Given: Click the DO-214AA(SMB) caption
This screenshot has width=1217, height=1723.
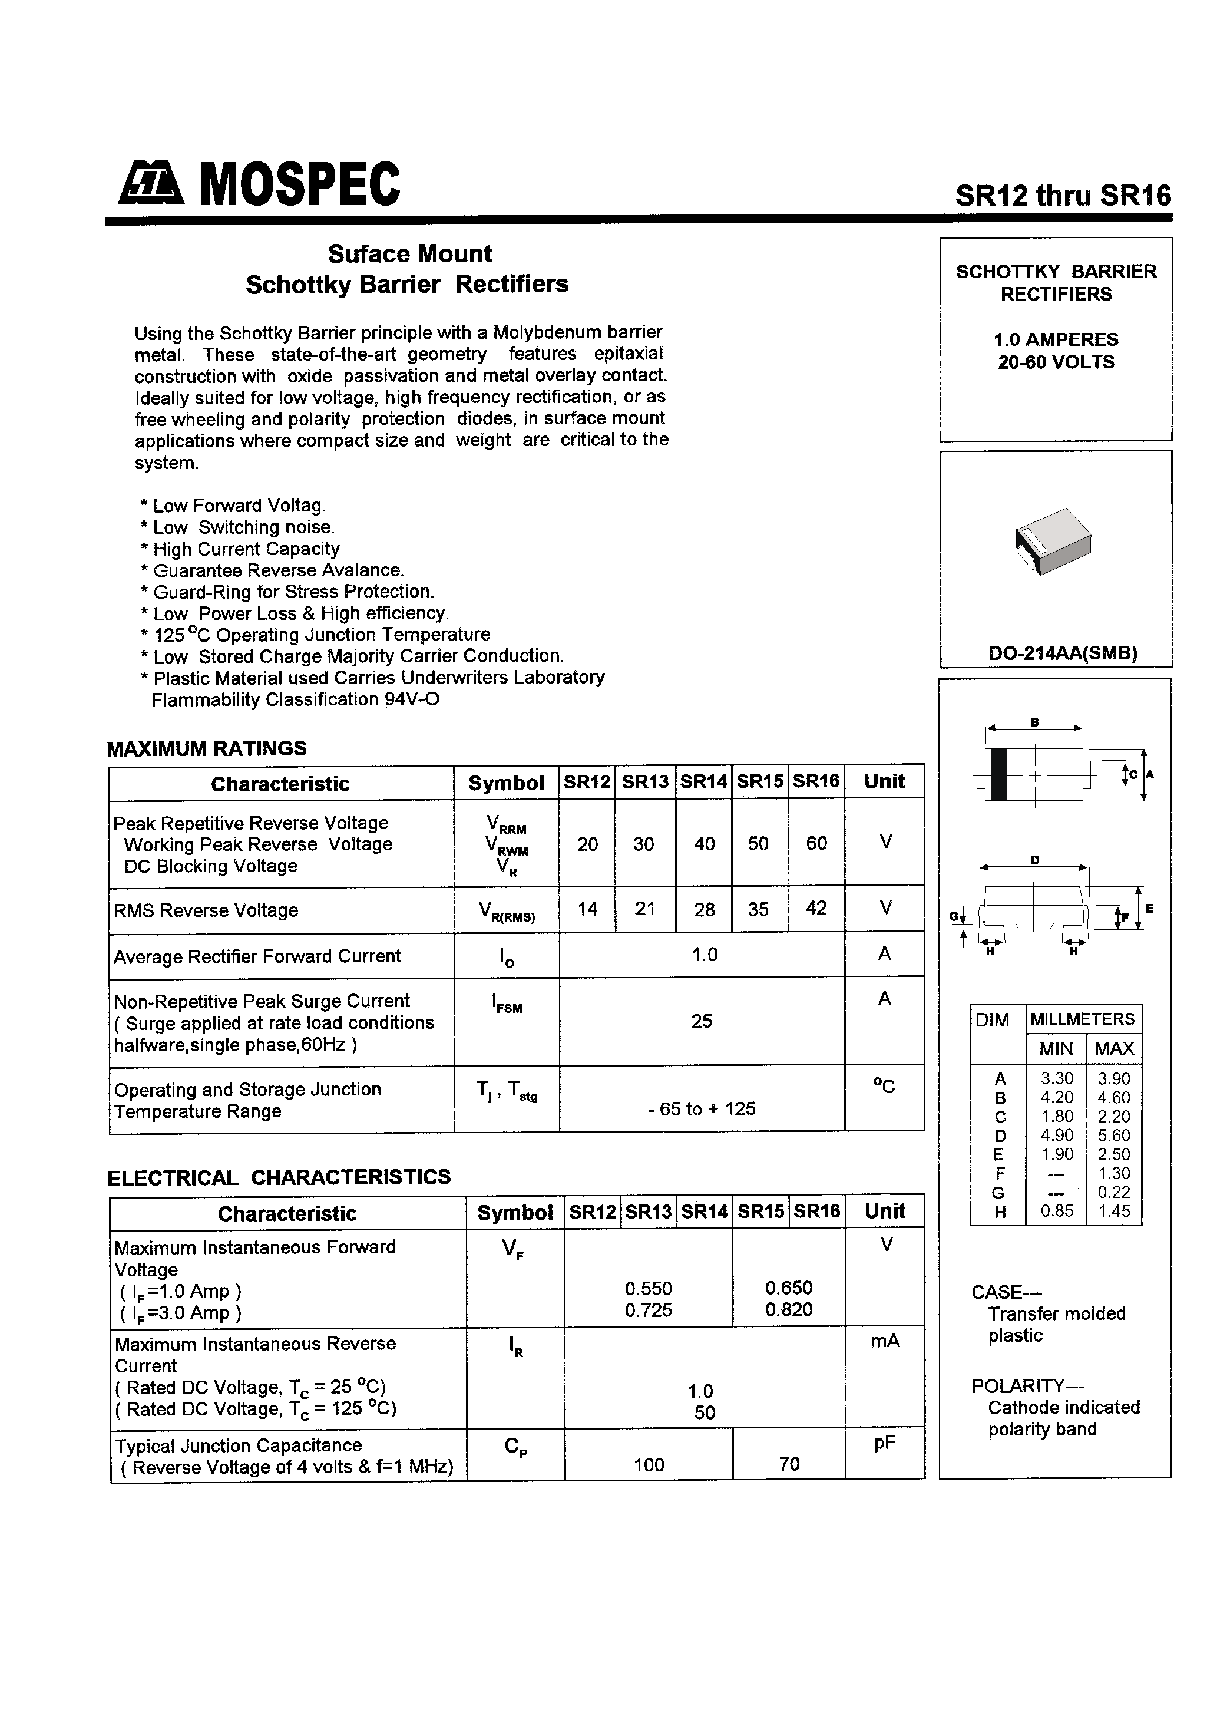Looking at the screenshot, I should [1063, 653].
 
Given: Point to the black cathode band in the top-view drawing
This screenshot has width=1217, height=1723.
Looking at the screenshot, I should [997, 774].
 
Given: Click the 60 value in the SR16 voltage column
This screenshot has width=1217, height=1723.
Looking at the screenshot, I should [816, 843].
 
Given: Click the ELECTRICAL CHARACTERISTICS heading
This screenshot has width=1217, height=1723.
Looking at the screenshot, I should [279, 1177].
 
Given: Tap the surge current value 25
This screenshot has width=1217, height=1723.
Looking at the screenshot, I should [701, 1021].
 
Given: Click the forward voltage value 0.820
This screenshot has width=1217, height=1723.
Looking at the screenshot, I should [789, 1309].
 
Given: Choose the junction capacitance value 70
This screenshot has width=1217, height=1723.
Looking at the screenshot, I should [789, 1464].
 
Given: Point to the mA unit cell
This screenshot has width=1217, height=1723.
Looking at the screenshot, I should [885, 1341].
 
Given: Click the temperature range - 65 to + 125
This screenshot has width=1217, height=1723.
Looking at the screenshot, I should [701, 1109].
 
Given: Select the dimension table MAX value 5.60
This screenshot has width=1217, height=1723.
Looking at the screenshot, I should [1113, 1136].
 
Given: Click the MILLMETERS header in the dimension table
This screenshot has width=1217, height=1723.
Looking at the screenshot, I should [1082, 1019].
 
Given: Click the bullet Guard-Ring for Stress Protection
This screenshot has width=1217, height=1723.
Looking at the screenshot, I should [293, 592].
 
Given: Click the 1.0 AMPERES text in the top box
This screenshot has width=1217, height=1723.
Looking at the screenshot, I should [1055, 339].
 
